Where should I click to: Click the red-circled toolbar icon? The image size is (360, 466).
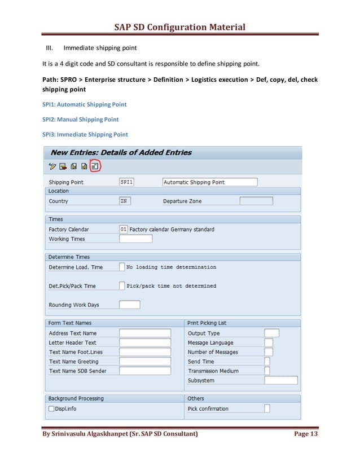(95, 166)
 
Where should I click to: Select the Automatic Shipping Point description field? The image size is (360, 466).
(209, 182)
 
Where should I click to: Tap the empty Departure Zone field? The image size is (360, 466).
(256, 201)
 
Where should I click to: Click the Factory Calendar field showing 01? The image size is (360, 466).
(124, 229)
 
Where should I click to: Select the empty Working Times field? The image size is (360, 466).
(135, 239)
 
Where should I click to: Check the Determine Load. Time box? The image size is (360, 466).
(122, 267)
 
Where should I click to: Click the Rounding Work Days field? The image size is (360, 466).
(130, 305)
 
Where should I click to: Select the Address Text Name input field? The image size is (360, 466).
(145, 333)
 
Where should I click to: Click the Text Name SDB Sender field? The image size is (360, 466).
(145, 371)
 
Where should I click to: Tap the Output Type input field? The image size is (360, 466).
(271, 333)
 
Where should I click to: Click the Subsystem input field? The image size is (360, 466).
(280, 380)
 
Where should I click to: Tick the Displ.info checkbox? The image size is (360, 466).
(51, 408)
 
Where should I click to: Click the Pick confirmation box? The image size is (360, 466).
(267, 408)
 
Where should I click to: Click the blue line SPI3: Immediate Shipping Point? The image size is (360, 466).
(85, 134)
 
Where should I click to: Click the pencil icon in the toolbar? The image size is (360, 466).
(52, 166)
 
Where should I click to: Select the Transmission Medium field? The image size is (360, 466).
(267, 371)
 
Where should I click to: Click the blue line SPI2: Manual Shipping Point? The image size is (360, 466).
(81, 119)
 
